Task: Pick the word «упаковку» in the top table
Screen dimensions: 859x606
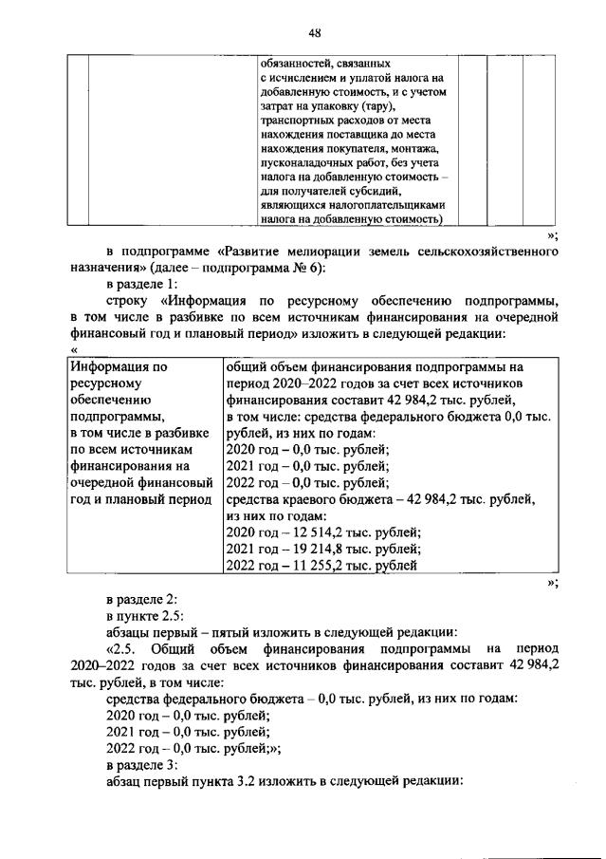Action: click(x=329, y=106)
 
